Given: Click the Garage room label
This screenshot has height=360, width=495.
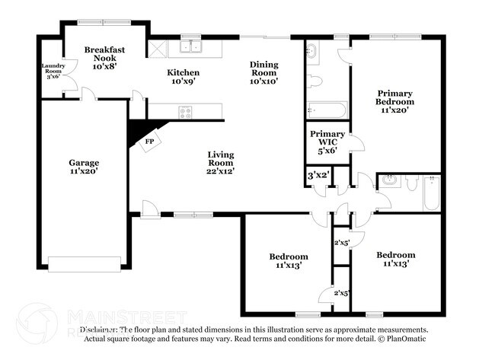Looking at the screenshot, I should tap(84, 167).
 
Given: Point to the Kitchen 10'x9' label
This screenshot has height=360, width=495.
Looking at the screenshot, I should tap(184, 77).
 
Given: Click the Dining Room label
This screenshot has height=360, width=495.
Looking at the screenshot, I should tap(264, 72).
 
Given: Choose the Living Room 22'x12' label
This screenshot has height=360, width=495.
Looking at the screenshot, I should tap(221, 163).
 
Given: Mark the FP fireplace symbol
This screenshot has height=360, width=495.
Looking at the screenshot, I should tap(149, 142).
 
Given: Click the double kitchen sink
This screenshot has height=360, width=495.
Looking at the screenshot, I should tap(190, 47).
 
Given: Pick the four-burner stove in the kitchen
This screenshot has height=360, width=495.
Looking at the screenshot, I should tap(185, 113).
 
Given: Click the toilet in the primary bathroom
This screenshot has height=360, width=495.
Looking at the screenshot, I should tap(316, 80).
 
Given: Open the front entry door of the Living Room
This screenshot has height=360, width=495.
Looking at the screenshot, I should tap(150, 210).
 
